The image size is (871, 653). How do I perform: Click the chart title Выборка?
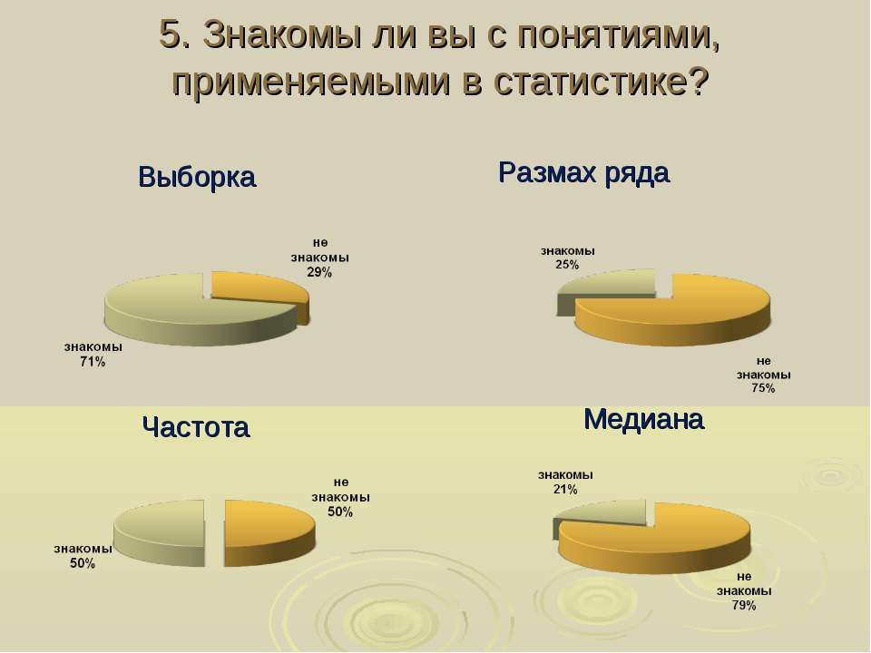pos(197,177)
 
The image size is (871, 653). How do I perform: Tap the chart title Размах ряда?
pos(583,172)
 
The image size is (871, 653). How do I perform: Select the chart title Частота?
pos(196,427)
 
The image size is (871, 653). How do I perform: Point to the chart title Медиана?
pos(644,419)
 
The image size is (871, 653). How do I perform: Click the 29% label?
pos(319,273)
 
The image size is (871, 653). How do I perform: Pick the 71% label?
pos(93,362)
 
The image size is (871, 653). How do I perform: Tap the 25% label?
pos(567,265)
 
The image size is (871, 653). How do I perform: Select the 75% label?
pos(763,388)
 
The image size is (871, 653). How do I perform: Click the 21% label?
pos(565,489)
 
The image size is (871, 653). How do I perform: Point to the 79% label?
pos(744,605)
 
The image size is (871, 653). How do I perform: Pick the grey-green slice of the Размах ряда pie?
pos(605,284)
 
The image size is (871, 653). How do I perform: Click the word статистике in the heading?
pos(601,81)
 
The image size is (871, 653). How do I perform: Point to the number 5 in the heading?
pos(171,34)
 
